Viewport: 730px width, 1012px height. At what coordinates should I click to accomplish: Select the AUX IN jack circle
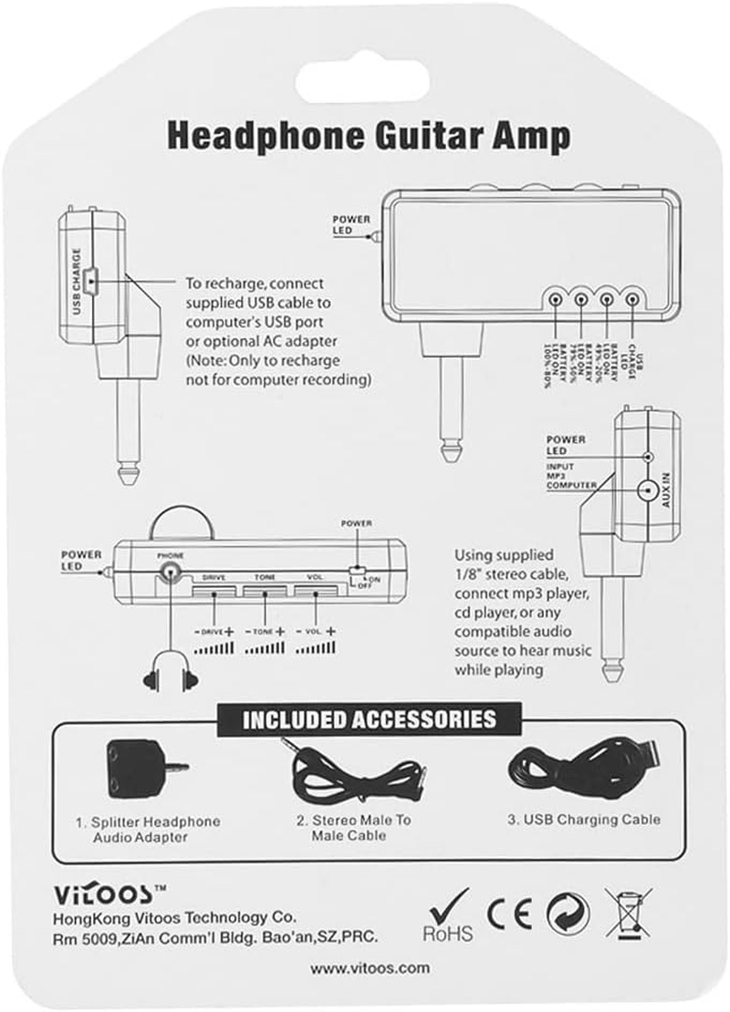pos(648,491)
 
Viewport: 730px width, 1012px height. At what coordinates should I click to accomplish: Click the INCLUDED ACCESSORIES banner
pos(370,719)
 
